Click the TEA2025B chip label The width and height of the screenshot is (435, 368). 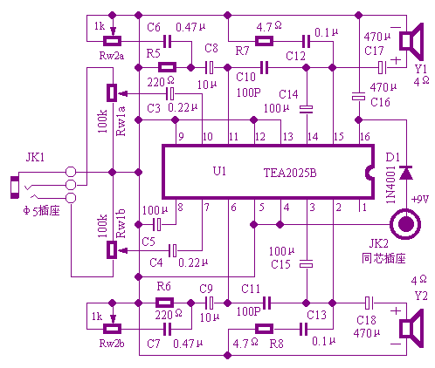tap(290, 173)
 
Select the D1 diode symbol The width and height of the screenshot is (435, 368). tap(405, 173)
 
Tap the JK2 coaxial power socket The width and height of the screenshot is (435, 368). tap(405, 224)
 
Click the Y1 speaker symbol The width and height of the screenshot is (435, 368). tap(411, 41)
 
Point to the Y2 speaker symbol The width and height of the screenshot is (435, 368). tap(411, 328)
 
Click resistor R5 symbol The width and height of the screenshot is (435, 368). tap(167, 67)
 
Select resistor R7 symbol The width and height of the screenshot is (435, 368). tap(264, 41)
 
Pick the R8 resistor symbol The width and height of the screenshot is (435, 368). tap(264, 329)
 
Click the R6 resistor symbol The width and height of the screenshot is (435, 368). tap(165, 303)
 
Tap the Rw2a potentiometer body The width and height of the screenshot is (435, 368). tap(113, 41)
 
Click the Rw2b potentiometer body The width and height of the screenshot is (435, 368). tap(113, 329)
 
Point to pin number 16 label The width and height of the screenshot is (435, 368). tap(365, 137)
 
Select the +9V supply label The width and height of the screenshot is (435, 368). tap(420, 200)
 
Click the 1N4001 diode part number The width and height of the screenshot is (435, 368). tap(390, 185)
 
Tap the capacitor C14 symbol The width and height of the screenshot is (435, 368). tap(307, 109)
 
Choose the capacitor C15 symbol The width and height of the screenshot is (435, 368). tap(307, 263)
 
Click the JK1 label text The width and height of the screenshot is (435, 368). tap(35, 157)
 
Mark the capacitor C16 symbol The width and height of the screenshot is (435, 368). tap(358, 96)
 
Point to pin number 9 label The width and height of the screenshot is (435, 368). tap(181, 137)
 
